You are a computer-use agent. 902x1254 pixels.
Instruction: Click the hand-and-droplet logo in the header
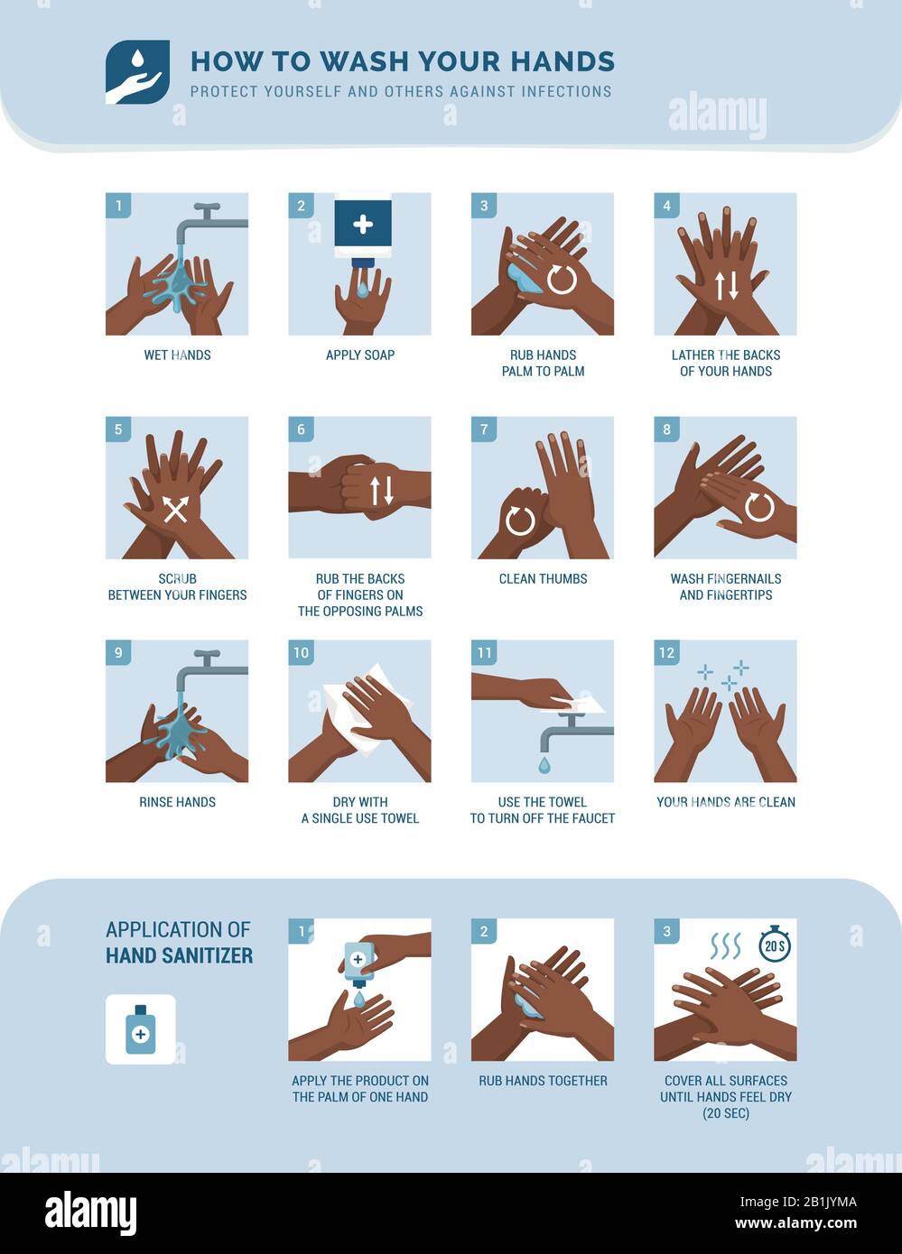click(x=137, y=72)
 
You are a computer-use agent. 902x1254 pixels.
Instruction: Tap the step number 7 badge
click(x=484, y=429)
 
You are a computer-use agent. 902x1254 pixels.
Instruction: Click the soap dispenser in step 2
click(x=363, y=228)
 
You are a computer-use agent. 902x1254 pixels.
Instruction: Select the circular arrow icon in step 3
click(x=561, y=279)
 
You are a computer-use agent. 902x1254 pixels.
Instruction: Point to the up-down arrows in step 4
click(x=727, y=285)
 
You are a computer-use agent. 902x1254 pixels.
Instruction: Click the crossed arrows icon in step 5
click(x=175, y=509)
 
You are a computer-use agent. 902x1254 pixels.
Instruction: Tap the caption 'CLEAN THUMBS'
click(x=543, y=579)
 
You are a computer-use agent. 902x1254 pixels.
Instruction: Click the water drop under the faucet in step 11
click(x=544, y=765)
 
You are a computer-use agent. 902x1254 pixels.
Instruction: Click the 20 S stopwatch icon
click(x=774, y=945)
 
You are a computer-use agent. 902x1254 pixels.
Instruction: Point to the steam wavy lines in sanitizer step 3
click(x=724, y=945)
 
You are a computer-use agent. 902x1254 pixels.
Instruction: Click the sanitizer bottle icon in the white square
click(x=140, y=1029)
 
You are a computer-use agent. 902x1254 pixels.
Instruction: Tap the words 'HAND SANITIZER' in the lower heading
click(x=179, y=955)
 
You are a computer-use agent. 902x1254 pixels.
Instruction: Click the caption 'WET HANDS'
click(x=177, y=355)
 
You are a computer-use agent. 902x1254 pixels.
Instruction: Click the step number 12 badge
click(x=666, y=652)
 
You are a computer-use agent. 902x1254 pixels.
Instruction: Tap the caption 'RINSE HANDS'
click(x=177, y=802)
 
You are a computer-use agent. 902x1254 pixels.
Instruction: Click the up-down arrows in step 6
click(x=381, y=490)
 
